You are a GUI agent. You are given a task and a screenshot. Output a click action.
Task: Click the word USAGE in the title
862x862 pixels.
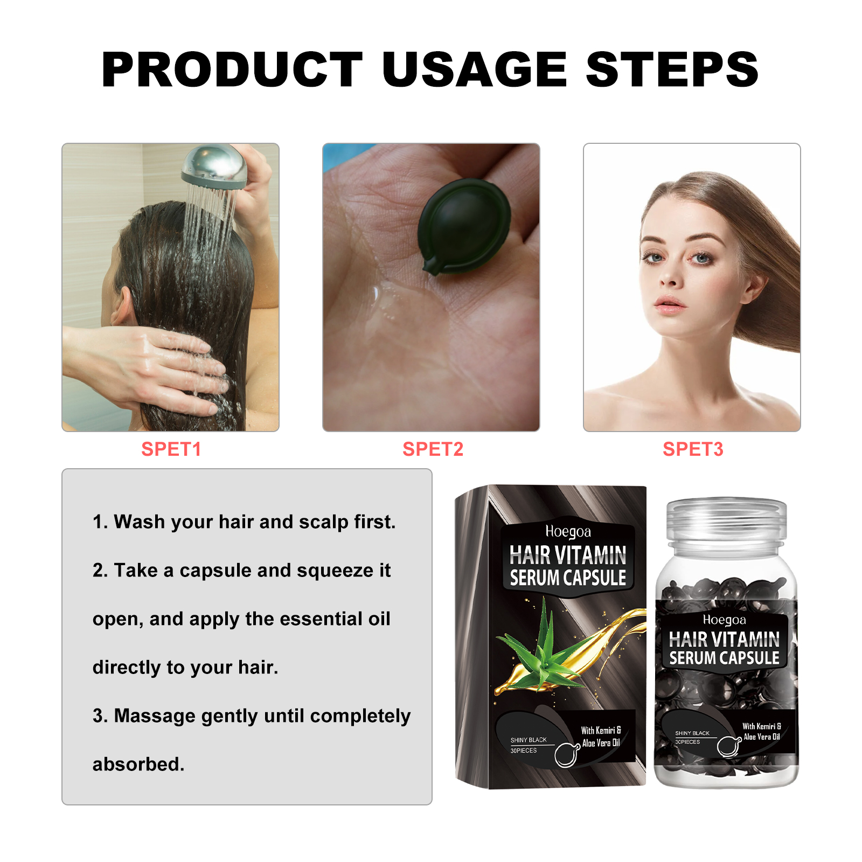click(x=474, y=69)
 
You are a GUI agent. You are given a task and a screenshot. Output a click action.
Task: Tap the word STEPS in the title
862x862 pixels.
click(x=672, y=69)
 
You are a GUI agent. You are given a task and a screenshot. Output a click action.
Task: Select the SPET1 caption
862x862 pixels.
click(x=171, y=449)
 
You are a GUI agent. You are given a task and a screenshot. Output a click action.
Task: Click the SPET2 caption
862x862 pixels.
click(x=433, y=449)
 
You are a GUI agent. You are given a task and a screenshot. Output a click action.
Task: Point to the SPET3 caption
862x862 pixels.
click(x=693, y=449)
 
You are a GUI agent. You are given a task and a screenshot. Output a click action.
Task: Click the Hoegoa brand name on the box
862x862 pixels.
click(x=568, y=532)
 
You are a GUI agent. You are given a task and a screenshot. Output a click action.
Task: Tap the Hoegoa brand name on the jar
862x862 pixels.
click(x=724, y=620)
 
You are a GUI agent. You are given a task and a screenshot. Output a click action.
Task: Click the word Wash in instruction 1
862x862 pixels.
click(x=139, y=522)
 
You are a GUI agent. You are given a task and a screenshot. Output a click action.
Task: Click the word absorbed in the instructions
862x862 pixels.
click(x=138, y=764)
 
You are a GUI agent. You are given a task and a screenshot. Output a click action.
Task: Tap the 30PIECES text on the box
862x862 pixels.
click(x=523, y=750)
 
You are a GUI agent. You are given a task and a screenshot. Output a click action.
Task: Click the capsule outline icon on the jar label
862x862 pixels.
click(x=728, y=746)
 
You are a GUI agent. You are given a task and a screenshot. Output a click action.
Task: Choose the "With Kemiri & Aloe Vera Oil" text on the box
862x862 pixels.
click(x=601, y=736)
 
